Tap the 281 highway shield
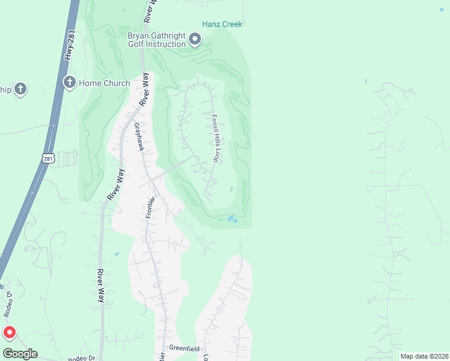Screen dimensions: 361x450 point(49,158)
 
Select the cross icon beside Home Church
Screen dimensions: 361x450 point(70,82)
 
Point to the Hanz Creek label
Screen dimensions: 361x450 point(222,24)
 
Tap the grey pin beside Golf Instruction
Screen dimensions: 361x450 point(195,40)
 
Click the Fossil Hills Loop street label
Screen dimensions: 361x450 point(214,138)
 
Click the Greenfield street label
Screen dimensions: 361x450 point(183,348)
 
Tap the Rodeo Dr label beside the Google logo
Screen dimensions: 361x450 point(82,358)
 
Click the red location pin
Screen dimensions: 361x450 point(10,332)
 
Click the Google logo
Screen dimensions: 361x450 point(20,354)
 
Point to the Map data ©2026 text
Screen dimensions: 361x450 point(424,356)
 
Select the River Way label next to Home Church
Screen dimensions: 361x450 point(144,90)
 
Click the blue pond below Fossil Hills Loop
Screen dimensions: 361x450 point(232,219)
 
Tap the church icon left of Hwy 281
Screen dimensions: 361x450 point(20,90)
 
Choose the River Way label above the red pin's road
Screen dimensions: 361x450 point(100,286)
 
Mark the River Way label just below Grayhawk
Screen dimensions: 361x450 point(116,185)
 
